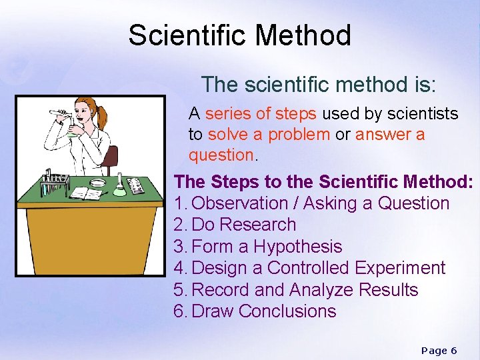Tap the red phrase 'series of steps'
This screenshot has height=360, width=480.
coord(249,114)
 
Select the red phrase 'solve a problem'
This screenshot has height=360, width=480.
coord(269,135)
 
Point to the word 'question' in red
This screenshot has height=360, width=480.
coord(221,155)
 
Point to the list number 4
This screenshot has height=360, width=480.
coord(179,268)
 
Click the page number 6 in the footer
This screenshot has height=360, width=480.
coord(453,351)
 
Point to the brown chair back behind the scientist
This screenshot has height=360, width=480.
coord(112,159)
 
